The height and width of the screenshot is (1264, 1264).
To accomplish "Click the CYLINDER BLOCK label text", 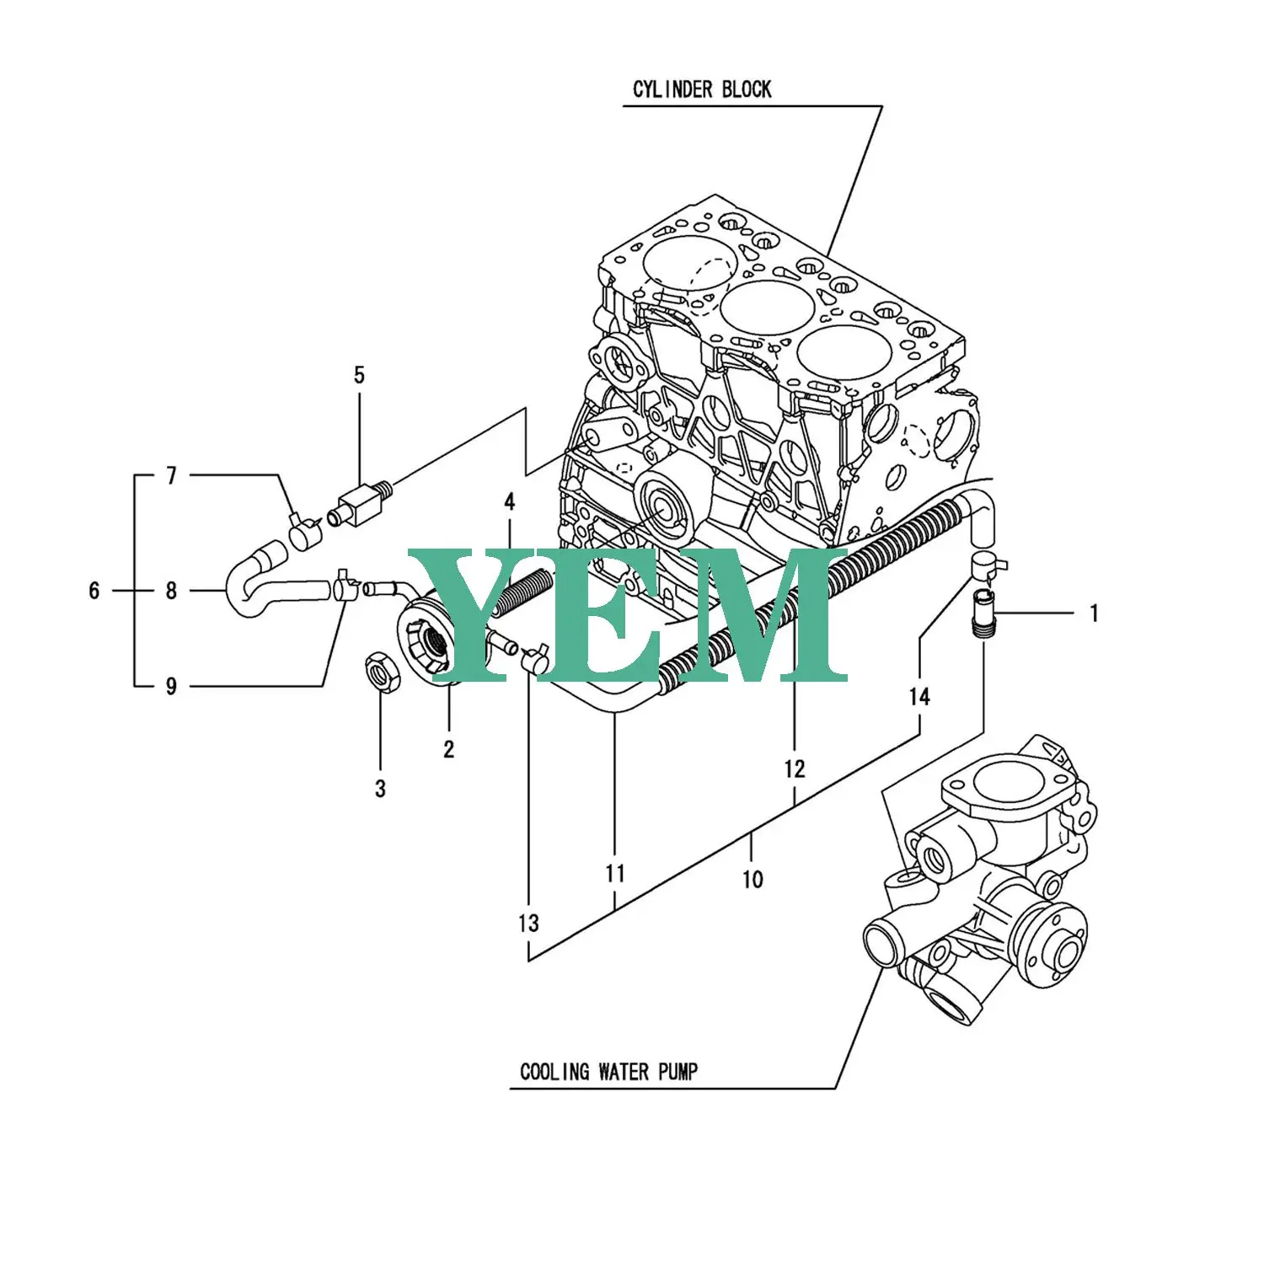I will (x=701, y=89).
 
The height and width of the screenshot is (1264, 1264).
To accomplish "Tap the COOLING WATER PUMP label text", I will (x=608, y=1072).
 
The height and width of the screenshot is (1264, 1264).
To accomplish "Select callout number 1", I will (x=1094, y=613).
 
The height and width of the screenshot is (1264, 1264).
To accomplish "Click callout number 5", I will (x=359, y=376).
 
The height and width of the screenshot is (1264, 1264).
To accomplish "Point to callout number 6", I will (x=94, y=591).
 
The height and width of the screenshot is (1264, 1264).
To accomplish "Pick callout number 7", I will (x=171, y=476).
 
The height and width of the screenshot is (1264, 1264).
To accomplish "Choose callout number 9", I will (x=171, y=687).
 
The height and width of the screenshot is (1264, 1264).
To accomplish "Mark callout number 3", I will (x=380, y=789).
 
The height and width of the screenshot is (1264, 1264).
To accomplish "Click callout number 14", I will (x=919, y=697).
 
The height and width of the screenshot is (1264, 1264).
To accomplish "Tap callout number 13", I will (x=528, y=924).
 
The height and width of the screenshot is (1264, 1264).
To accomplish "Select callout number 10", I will (x=753, y=880).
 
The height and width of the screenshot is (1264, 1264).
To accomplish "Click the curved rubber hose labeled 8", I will (x=253, y=583).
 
